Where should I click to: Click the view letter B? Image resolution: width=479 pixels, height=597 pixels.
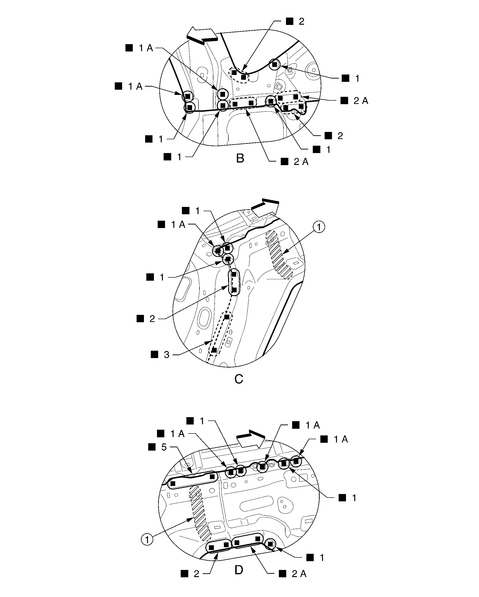[240, 159]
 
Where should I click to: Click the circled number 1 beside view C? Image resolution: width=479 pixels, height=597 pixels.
[319, 227]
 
